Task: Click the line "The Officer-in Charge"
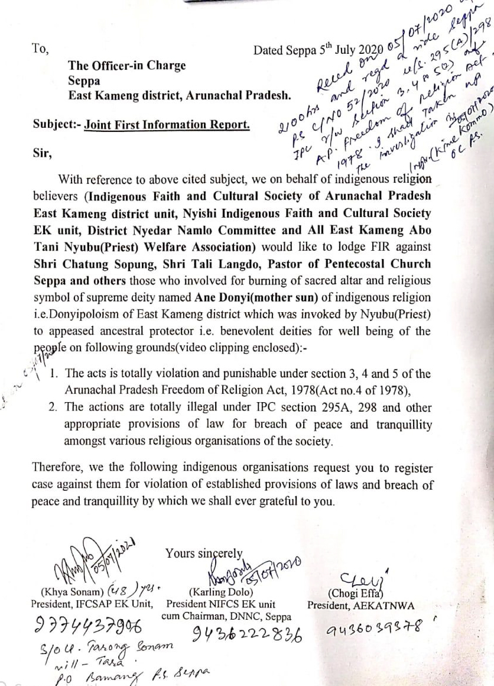point(126,66)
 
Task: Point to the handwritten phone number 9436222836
point(248,635)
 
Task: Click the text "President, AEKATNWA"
point(360,605)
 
